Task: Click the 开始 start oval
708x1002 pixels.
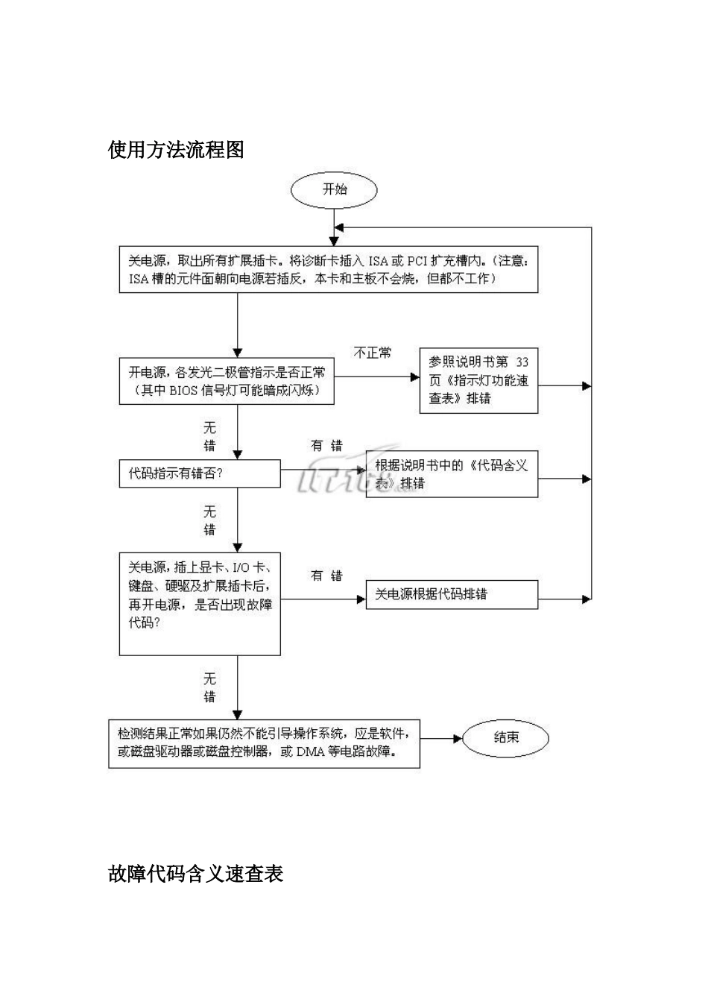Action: (x=334, y=189)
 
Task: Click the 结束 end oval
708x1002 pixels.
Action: (x=505, y=737)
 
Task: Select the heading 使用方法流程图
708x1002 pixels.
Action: (x=176, y=150)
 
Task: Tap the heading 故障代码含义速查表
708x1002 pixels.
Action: (x=195, y=873)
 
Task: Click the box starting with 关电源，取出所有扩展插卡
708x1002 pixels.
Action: (x=328, y=270)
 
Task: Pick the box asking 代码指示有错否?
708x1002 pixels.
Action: (x=200, y=473)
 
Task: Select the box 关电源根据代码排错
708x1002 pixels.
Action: (x=451, y=594)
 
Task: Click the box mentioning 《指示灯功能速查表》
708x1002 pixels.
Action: (x=478, y=380)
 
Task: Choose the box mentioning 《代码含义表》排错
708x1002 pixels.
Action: (x=451, y=474)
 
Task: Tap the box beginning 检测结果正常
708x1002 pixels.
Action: (x=264, y=743)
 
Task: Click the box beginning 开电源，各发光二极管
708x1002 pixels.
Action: (x=227, y=381)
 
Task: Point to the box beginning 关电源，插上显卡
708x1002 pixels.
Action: (x=200, y=604)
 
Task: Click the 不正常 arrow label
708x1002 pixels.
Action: (x=372, y=353)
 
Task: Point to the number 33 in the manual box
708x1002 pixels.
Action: (x=522, y=362)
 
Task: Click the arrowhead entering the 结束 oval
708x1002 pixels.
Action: (x=458, y=738)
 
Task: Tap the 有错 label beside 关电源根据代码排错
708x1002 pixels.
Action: (x=326, y=576)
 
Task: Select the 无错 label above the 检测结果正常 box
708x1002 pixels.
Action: (x=210, y=687)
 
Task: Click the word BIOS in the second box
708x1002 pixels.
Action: (x=183, y=390)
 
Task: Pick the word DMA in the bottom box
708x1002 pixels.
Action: (x=311, y=751)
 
